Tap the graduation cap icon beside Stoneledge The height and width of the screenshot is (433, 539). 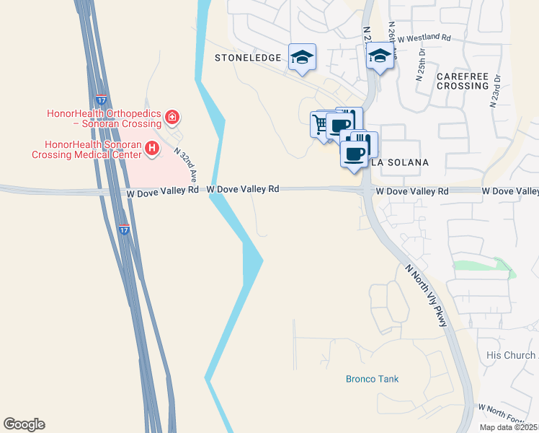click(x=302, y=57)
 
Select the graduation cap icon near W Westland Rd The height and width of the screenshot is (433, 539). click(x=380, y=56)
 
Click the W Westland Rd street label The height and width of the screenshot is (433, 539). click(x=424, y=38)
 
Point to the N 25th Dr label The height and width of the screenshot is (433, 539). click(x=421, y=64)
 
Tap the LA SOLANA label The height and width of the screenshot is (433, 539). click(x=400, y=162)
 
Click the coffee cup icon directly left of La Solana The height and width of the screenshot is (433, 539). click(x=353, y=153)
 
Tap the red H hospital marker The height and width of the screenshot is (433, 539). click(x=152, y=149)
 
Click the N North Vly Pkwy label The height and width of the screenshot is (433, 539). click(x=427, y=295)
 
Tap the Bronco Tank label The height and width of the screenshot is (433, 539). click(x=372, y=379)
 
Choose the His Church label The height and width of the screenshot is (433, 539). click(x=512, y=355)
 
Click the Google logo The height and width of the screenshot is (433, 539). click(x=24, y=424)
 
